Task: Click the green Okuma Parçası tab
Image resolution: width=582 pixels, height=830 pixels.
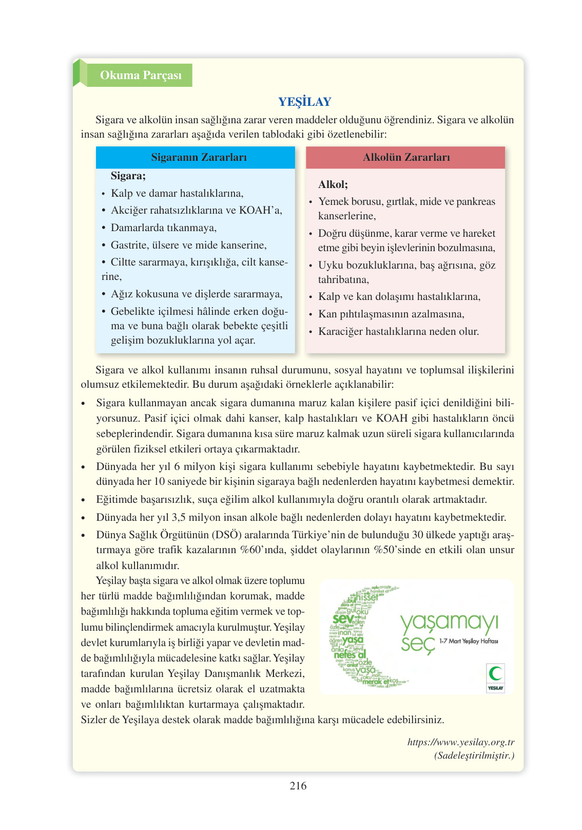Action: (x=140, y=76)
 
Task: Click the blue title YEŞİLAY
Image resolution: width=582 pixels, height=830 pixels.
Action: (x=305, y=102)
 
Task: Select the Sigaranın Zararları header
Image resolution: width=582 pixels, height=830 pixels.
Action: (x=199, y=158)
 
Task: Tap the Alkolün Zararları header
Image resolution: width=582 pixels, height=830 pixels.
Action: (x=406, y=158)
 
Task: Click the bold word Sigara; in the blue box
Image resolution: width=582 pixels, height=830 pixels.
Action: (x=128, y=176)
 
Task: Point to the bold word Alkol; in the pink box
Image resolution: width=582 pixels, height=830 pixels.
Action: (x=333, y=185)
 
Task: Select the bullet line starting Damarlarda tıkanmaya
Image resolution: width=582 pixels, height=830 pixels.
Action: (x=163, y=228)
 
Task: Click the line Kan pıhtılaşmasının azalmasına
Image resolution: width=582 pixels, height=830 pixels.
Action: (x=391, y=314)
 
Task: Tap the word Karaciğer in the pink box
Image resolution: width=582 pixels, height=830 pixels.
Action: (x=340, y=332)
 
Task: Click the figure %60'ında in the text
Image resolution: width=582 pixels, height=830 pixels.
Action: (x=263, y=550)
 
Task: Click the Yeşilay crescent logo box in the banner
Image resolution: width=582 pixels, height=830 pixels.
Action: (x=495, y=678)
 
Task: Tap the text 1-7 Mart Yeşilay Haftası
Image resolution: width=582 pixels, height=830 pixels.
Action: (x=468, y=642)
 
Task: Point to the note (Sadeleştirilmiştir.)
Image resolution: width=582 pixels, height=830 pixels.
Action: (x=474, y=756)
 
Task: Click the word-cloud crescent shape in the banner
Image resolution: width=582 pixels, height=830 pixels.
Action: (x=354, y=637)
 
